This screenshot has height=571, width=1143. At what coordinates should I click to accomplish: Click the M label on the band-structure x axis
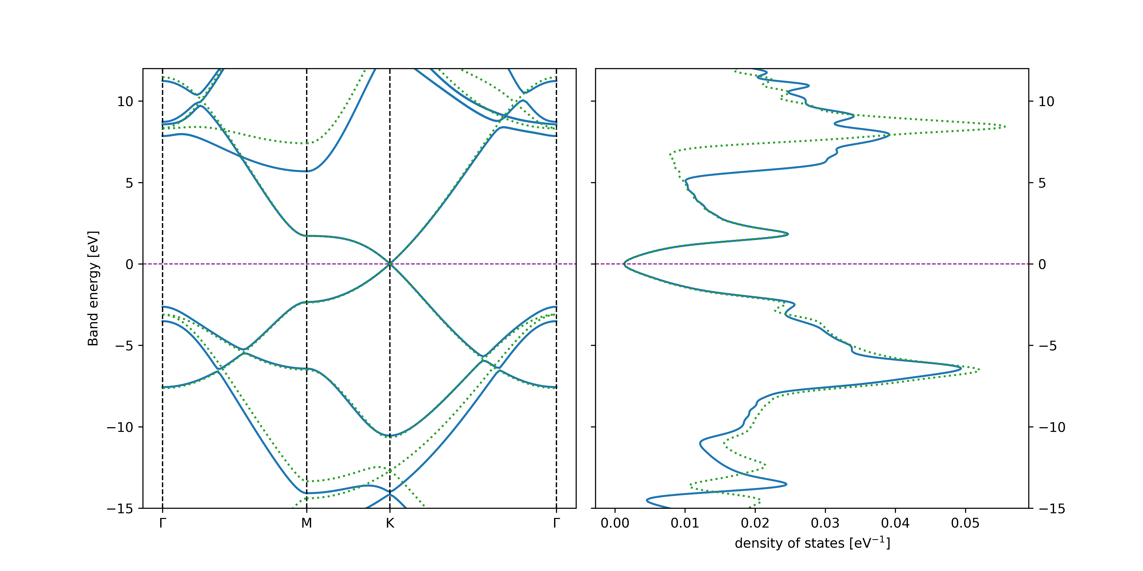(x=307, y=524)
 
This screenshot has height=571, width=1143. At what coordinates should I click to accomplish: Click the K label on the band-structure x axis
(x=390, y=524)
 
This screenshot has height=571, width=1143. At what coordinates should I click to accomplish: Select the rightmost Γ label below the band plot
(x=556, y=524)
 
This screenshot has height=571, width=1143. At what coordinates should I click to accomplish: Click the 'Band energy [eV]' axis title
(x=93, y=288)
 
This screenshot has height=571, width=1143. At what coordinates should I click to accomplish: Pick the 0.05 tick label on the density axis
(x=965, y=524)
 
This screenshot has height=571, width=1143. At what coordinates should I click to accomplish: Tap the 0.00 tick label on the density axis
(x=615, y=524)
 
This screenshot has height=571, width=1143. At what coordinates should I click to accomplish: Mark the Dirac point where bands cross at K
(x=390, y=264)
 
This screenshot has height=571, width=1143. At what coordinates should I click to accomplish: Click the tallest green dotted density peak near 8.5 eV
(x=1005, y=127)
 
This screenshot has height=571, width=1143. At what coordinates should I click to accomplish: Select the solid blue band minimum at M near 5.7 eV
(x=307, y=171)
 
